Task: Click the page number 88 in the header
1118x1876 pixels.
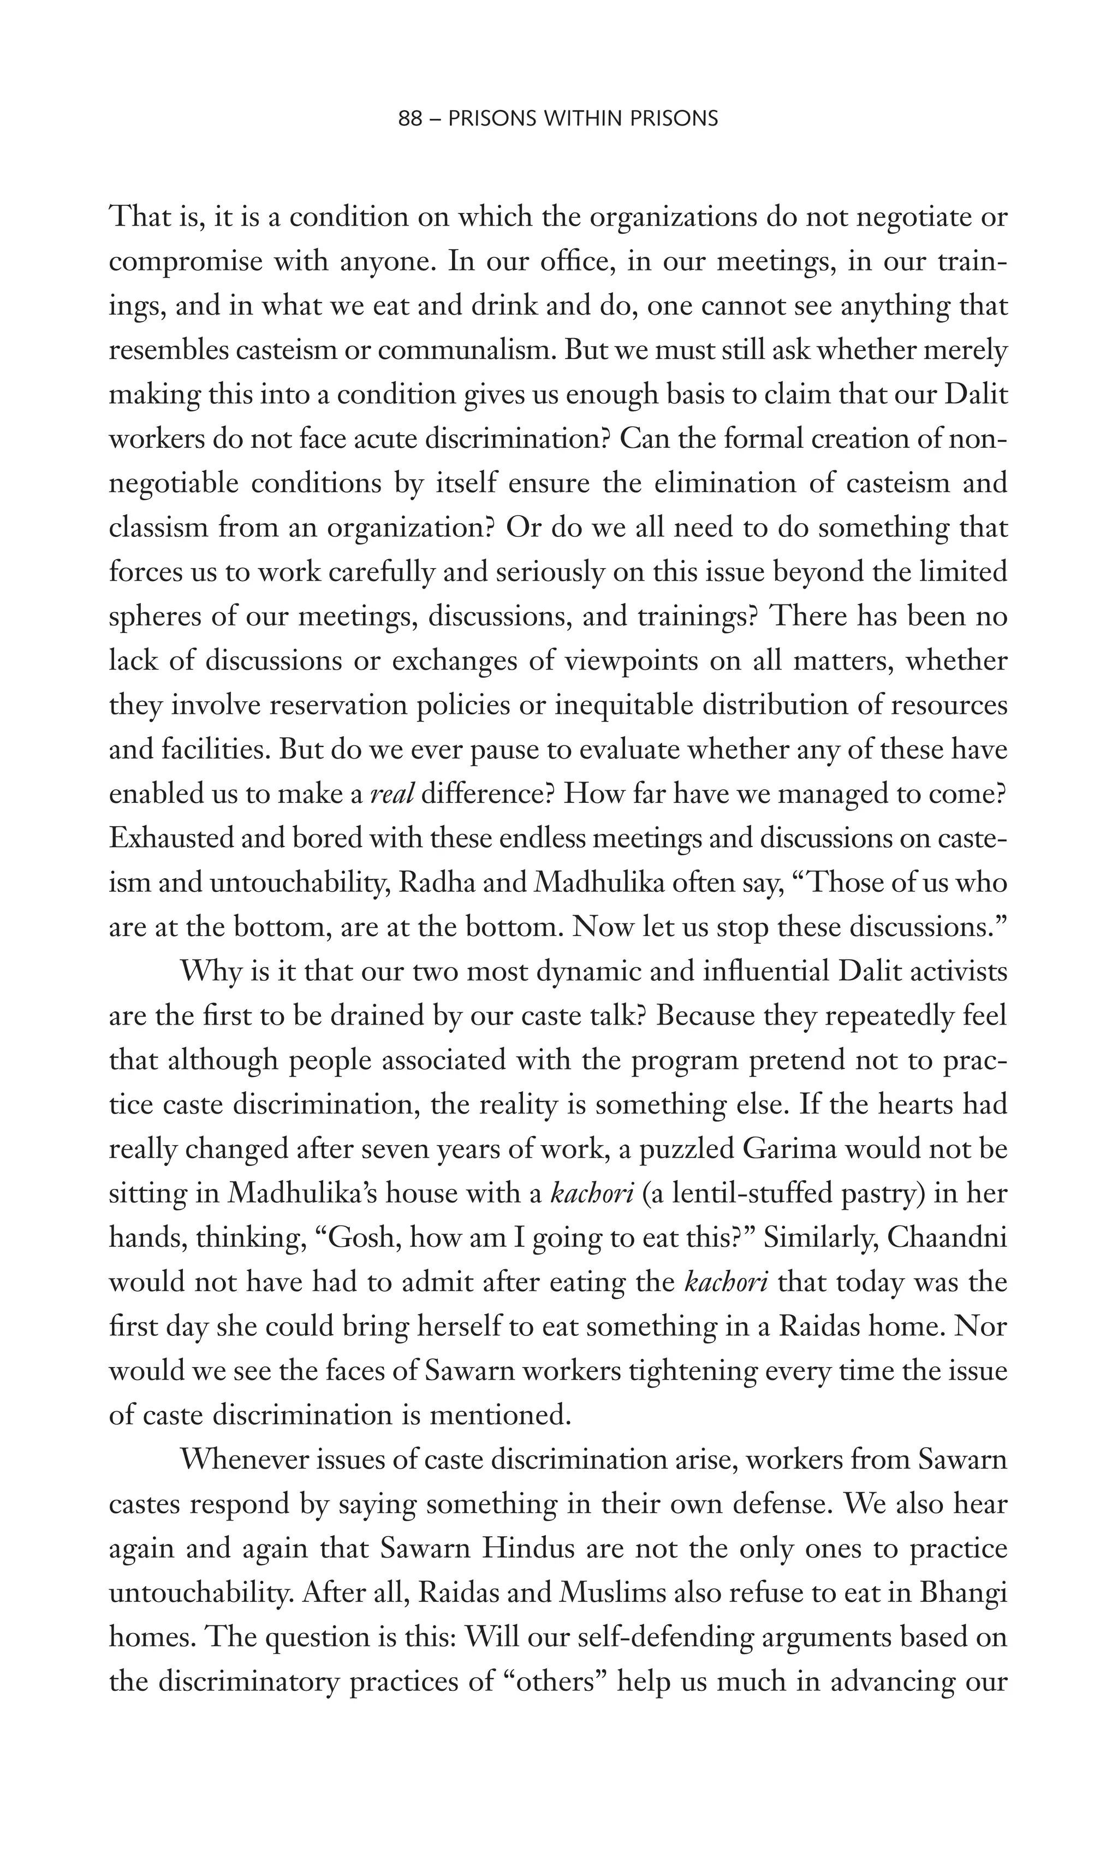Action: tap(410, 119)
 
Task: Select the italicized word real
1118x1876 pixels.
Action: tap(393, 795)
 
